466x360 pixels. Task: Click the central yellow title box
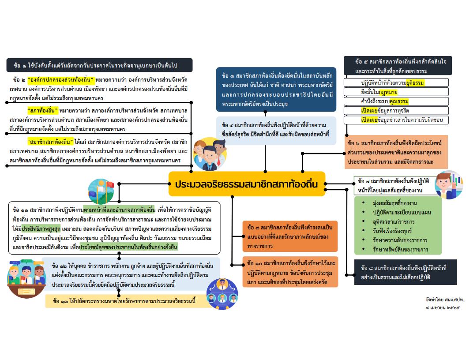tap(247, 184)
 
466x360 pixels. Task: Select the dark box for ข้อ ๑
tap(100, 65)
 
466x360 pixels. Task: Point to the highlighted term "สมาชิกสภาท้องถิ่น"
tap(49, 142)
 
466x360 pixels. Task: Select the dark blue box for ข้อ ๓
tap(276, 89)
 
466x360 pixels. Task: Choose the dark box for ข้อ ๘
tap(401, 272)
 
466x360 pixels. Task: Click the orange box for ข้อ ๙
tap(290, 236)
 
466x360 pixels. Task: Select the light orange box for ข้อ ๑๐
tap(290, 271)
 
